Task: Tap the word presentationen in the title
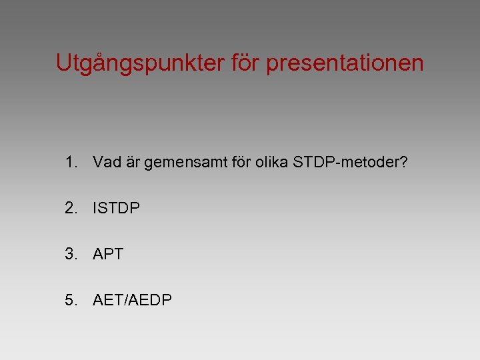coord(345,63)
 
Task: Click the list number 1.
coord(71,161)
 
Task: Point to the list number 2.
coord(71,208)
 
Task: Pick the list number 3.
coord(71,254)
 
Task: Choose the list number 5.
coord(71,301)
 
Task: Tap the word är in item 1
coord(133,161)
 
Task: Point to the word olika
coord(271,161)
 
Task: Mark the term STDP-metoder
coord(347,161)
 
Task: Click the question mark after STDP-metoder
coord(403,161)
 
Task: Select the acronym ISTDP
coord(117,208)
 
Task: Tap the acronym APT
coord(108,254)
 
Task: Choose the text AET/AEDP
coord(132,301)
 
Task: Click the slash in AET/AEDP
coord(127,301)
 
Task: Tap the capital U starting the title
coord(63,63)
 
